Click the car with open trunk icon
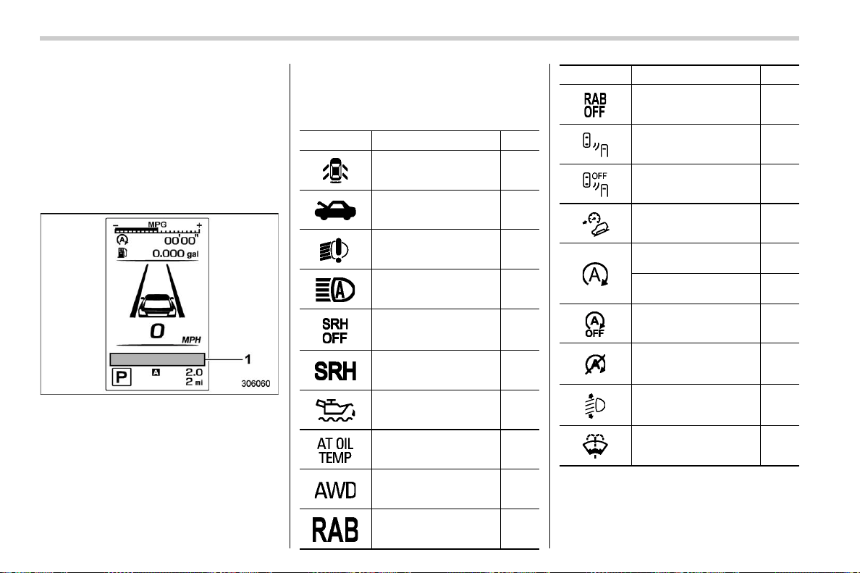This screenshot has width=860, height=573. [335, 210]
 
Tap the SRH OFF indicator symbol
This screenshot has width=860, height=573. [335, 331]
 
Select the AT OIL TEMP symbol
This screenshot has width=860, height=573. [335, 450]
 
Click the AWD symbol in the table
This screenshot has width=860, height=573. [335, 490]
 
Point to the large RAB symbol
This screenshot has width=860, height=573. [335, 530]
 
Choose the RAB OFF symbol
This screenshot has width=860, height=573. [595, 105]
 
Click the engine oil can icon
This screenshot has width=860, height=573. [335, 410]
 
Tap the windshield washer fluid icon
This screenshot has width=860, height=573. [595, 446]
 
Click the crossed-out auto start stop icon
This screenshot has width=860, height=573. [595, 364]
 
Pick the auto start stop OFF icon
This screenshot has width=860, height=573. [595, 325]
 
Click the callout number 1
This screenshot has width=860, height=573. [248, 359]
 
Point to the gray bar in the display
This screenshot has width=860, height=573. [157, 359]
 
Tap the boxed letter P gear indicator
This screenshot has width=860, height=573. [121, 377]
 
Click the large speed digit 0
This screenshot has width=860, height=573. [157, 331]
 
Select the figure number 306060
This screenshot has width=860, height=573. [256, 384]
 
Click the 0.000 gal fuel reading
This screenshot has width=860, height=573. [175, 254]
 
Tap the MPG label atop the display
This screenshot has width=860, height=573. [157, 225]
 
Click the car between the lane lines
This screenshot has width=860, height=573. [157, 306]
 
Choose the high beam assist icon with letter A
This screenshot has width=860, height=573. [335, 290]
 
